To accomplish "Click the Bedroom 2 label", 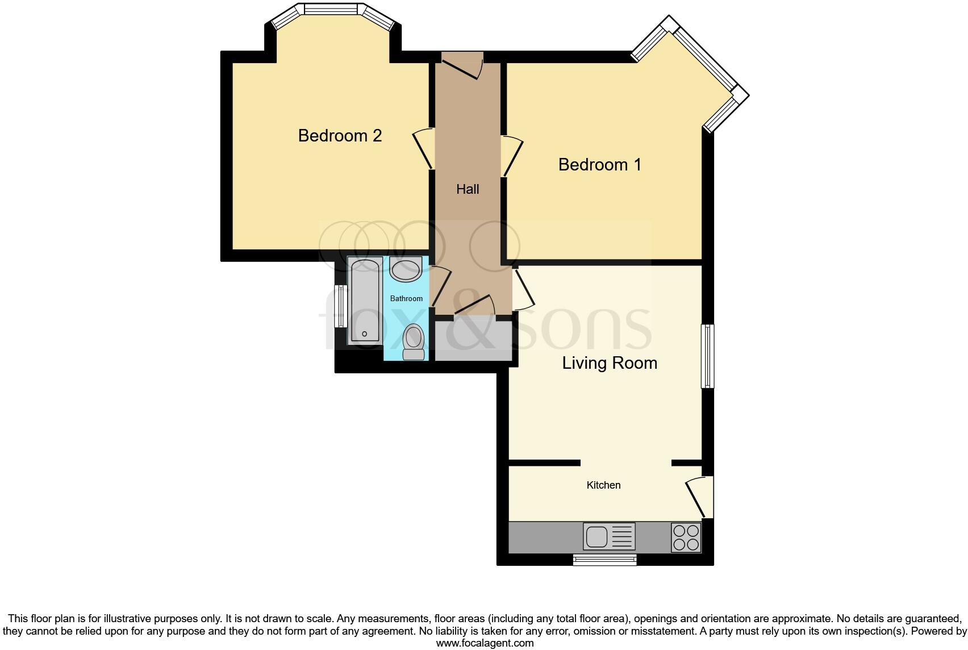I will coord(340,136).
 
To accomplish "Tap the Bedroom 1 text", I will coord(599,165).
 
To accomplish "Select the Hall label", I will coord(468,189).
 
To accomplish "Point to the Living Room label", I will coord(610,363).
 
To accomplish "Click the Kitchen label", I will coord(603,485).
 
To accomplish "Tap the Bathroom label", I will coord(406,298).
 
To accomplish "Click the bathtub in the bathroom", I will coord(365,300).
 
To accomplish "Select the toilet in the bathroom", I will coord(414,341).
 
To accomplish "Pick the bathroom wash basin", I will coord(406,269).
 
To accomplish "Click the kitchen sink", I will coord(609,536).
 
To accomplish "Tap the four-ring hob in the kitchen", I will coord(686,537).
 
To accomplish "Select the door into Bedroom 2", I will coord(424,149).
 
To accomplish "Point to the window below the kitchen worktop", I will coord(604,560).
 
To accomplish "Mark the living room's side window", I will coord(707,356).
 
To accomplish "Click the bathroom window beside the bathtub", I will coord(341,306).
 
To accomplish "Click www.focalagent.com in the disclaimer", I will coord(485,643).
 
